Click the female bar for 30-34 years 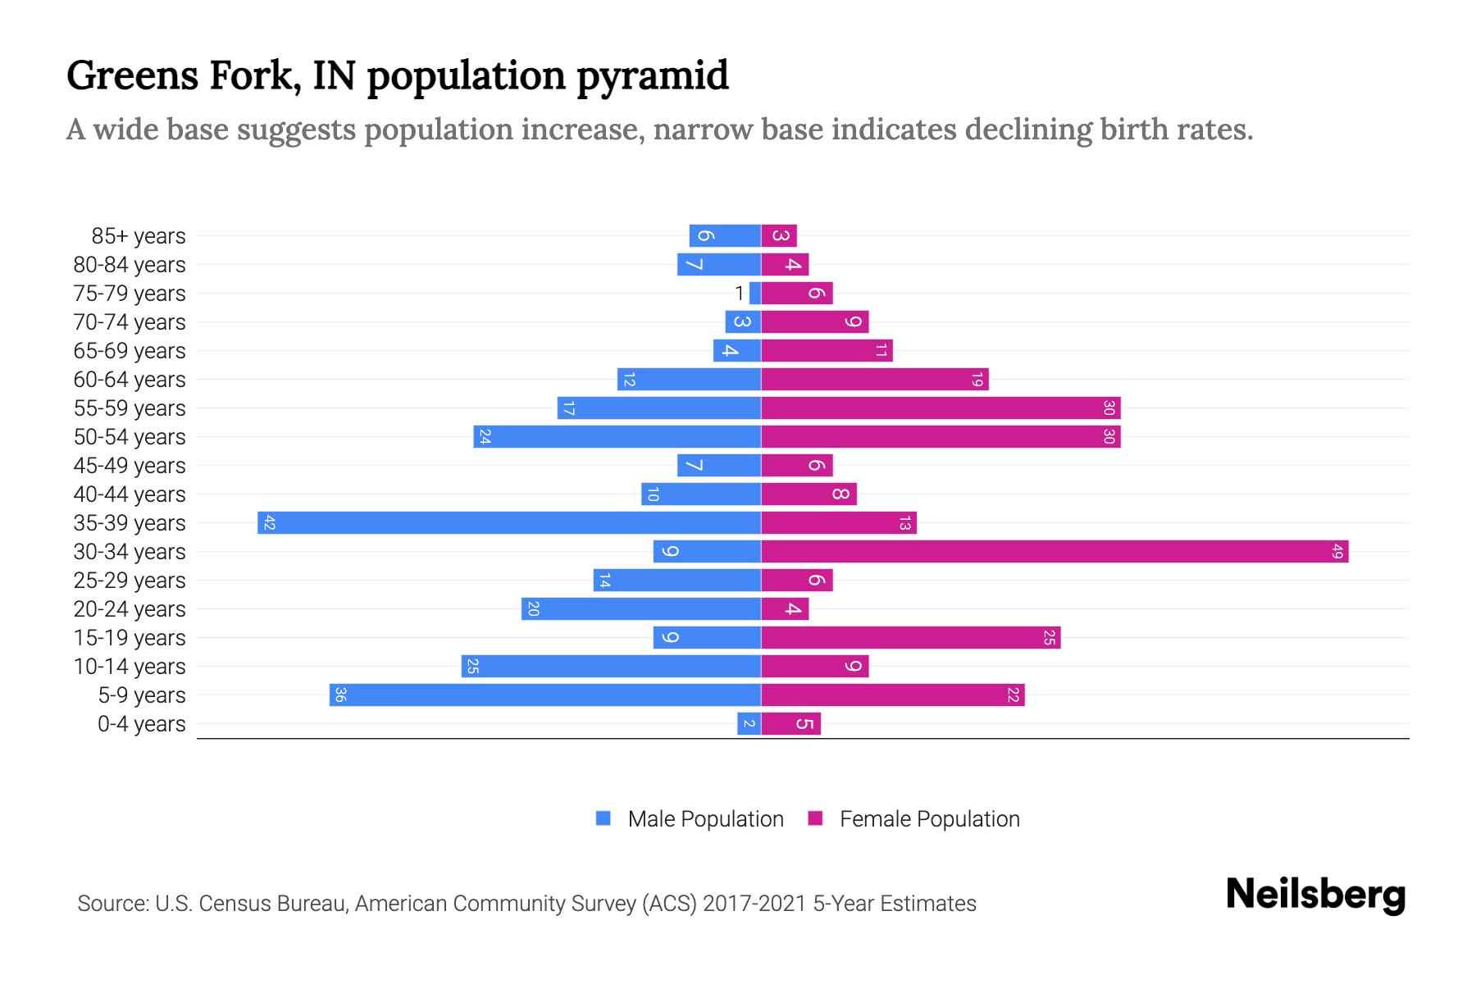tap(1055, 552)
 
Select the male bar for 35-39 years tap(509, 523)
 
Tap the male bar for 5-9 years tap(545, 695)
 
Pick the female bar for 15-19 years tap(910, 638)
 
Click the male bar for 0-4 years tap(749, 724)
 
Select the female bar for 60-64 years tap(875, 380)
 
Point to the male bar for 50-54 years tap(617, 437)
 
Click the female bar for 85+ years tap(779, 236)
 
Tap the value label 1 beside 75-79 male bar tap(740, 294)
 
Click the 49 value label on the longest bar tap(1337, 552)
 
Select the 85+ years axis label tap(139, 236)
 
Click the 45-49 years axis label tap(130, 466)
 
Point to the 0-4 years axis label tap(141, 724)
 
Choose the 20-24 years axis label tap(130, 609)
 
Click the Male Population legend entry tap(705, 819)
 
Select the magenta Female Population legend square tap(815, 818)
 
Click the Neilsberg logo tap(1315, 895)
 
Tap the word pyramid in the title tap(652, 77)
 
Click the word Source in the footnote tap(112, 904)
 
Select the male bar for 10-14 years tap(611, 667)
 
